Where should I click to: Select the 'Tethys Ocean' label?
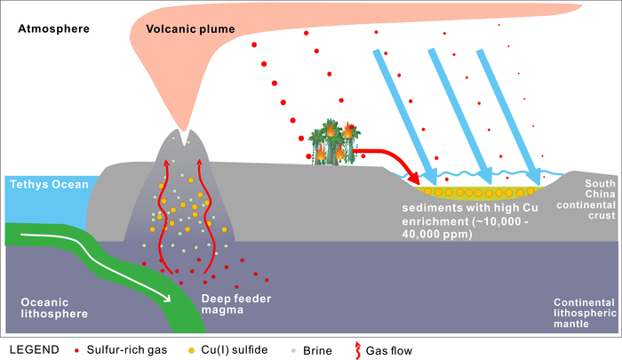[50, 185]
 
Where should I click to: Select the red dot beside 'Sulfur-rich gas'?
[97, 349]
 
